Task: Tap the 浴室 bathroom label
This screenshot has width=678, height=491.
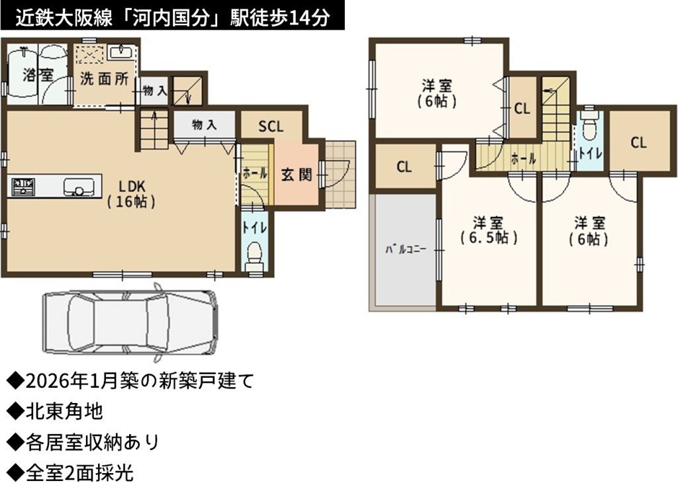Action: coord(38,75)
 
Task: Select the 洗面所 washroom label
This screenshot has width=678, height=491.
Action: coord(104,79)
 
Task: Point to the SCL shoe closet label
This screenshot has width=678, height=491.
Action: coord(271,126)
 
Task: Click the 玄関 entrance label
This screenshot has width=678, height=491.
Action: coord(296,175)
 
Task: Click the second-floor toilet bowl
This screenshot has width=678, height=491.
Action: coord(589,124)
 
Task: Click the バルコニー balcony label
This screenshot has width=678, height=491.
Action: coord(406,249)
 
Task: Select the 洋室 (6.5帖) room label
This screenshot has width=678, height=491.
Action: coord(488,230)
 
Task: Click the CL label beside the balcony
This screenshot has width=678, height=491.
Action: coord(404,167)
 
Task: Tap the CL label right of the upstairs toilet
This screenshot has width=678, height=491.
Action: coord(638,142)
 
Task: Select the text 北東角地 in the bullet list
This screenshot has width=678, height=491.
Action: coord(64,411)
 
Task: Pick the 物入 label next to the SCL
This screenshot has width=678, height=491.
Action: coord(204,125)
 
